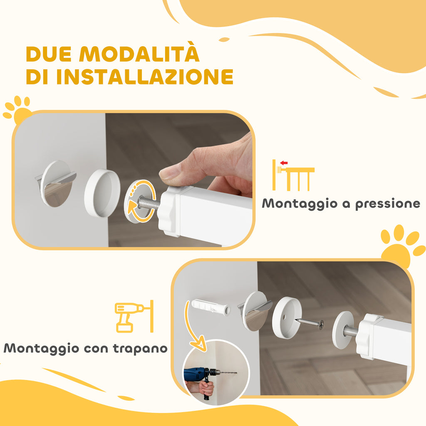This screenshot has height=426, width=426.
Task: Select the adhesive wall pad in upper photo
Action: click(56, 183)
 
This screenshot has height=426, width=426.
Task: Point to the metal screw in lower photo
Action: click(310, 322)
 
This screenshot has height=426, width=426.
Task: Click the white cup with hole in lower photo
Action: click(287, 317)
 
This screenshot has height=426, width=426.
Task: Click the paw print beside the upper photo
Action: click(18, 109)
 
